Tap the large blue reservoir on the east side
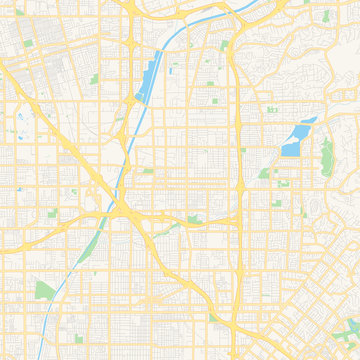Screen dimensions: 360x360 point(294,140)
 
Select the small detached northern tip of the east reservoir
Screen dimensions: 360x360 point(311,120)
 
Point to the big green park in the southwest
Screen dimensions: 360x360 point(46,290)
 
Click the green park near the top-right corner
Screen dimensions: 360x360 point(325,17)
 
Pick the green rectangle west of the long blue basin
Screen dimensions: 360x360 point(95,78)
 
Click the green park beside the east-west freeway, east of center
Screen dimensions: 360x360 point(194,219)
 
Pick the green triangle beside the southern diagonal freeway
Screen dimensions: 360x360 point(180,227)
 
